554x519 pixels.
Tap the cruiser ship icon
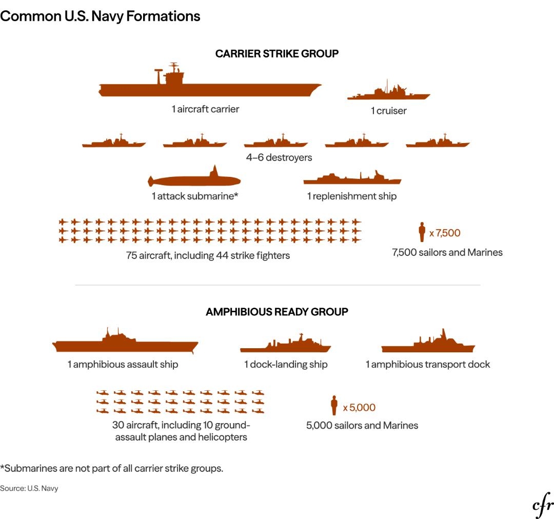[389, 94]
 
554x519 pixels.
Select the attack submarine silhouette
[194, 180]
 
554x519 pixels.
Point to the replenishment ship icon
[352, 179]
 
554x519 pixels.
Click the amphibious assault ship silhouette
[125, 345]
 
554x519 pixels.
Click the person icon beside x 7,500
[422, 232]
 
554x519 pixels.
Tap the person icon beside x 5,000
[334, 405]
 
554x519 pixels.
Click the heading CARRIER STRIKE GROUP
[277, 54]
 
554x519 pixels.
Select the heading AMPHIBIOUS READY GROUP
[277, 312]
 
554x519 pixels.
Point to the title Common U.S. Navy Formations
[100, 16]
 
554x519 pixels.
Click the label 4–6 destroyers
[279, 157]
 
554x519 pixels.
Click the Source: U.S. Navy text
[29, 488]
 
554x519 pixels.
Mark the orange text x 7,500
[445, 233]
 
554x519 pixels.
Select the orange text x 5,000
[359, 408]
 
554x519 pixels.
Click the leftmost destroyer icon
[114, 143]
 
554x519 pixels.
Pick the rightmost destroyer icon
[438, 143]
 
